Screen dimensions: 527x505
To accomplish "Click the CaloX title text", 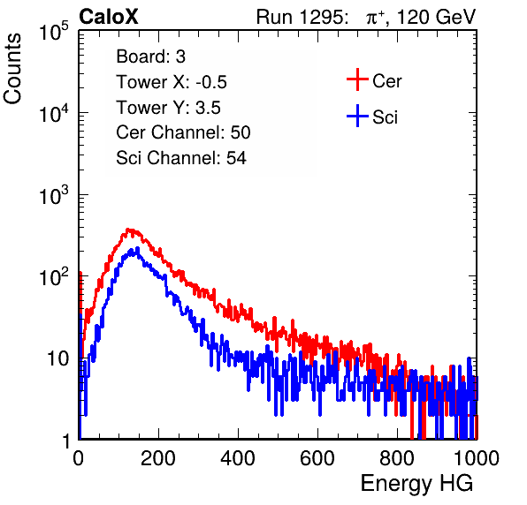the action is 108,17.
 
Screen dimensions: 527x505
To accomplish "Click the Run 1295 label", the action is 302,17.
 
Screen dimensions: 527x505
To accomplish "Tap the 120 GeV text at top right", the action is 436,17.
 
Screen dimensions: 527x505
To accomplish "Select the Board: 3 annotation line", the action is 150,57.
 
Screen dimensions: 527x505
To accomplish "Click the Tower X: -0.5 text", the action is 172,82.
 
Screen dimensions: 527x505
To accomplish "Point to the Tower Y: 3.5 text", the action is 168,108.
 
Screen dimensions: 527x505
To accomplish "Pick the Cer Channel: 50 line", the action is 183,132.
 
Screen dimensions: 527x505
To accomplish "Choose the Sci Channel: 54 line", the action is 181,158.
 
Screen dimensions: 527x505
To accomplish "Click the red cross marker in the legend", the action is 357,79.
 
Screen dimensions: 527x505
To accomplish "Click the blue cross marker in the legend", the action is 357,116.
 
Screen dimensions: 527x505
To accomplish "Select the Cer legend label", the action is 386,81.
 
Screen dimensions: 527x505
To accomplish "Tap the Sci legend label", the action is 386,117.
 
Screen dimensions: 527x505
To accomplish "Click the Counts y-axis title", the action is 12,69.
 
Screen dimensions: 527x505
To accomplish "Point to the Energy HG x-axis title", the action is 416,484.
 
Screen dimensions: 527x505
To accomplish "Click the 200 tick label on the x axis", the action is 158,458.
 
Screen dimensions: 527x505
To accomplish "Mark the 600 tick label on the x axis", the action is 317,458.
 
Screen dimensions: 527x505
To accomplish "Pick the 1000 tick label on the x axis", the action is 477,458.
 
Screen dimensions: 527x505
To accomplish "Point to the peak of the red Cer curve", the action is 128,230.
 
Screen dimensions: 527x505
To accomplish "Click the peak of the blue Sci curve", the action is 137,248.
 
